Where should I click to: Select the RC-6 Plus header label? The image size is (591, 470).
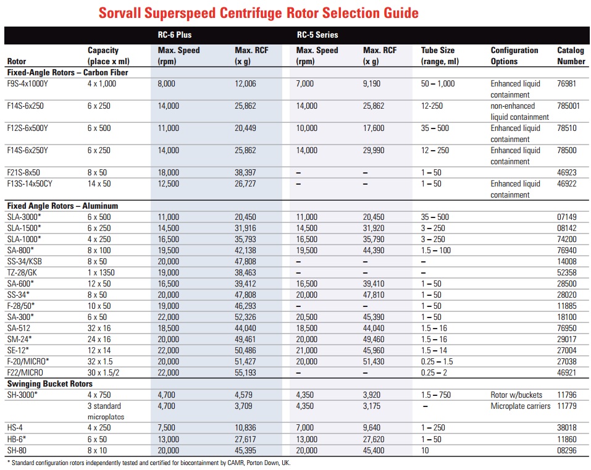[175, 35]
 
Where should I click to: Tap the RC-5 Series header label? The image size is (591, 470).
[317, 35]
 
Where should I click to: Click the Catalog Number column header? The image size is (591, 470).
[571, 56]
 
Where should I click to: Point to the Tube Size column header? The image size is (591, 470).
[440, 56]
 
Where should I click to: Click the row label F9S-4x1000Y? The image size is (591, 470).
[28, 83]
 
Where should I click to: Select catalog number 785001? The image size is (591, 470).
[568, 106]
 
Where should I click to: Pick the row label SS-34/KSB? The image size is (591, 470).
[25, 262]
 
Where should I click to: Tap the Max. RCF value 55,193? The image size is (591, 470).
[245, 373]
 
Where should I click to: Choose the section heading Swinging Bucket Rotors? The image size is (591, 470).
[50, 384]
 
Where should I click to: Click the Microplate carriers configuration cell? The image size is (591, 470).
[521, 406]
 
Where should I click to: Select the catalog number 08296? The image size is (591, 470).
[567, 450]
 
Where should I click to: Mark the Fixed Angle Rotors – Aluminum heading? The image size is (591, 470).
[62, 206]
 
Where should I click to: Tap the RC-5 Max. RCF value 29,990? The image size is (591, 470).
[374, 150]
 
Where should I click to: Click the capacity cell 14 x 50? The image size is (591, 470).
[99, 184]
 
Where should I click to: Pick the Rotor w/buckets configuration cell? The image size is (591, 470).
[516, 395]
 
